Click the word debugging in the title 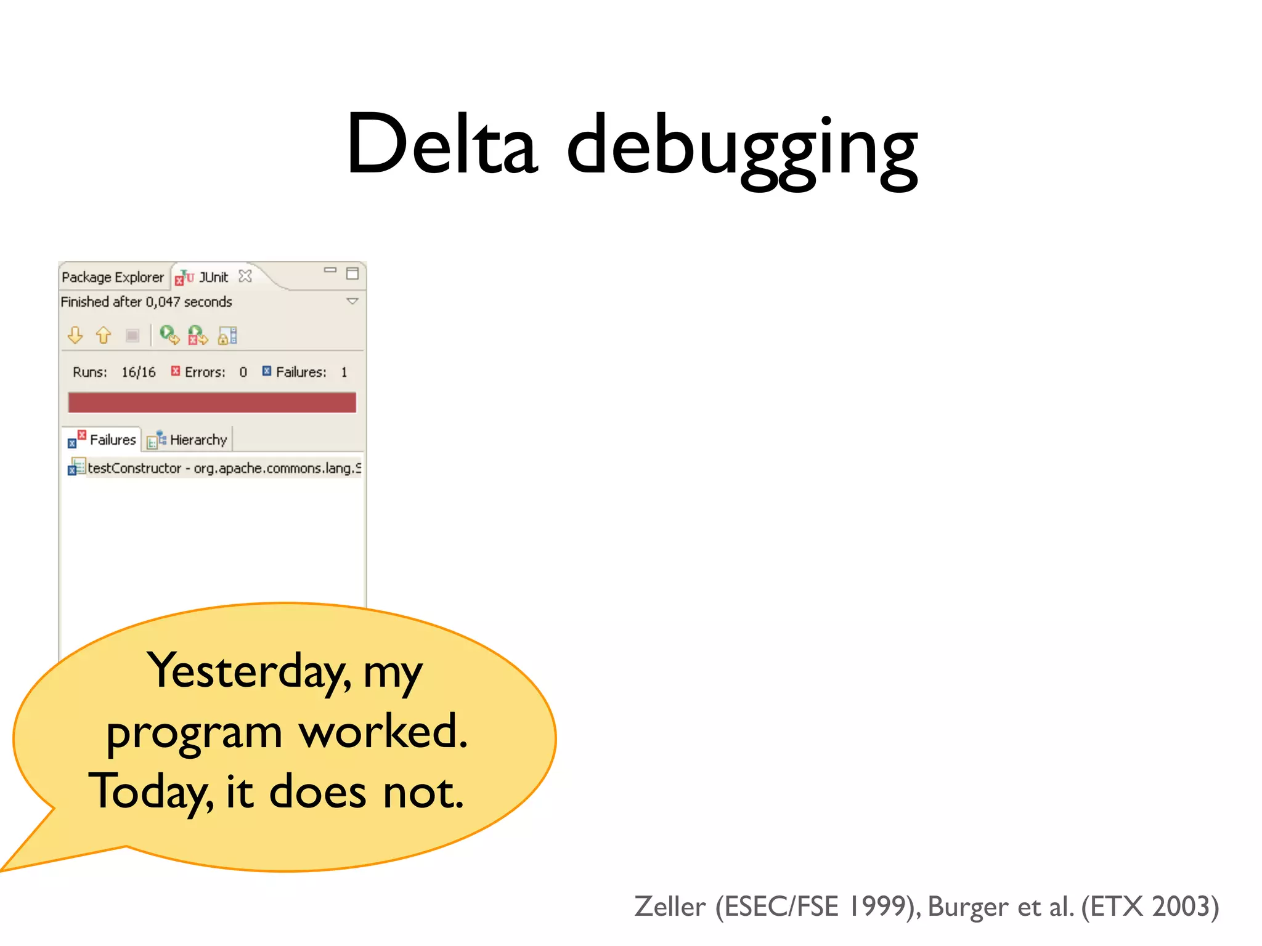[742, 148]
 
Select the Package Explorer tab [113, 277]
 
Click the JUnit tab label [213, 277]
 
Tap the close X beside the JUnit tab [245, 276]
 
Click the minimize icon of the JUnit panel [330, 270]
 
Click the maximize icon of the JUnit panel [352, 273]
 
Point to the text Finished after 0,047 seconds [146, 302]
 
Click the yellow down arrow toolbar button [75, 335]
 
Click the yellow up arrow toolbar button [104, 335]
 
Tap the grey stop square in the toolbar [132, 335]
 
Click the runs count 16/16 [138, 372]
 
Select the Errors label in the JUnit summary [205, 372]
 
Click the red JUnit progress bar [212, 403]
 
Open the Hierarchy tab [198, 440]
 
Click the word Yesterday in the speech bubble [249, 672]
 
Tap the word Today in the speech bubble [150, 792]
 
